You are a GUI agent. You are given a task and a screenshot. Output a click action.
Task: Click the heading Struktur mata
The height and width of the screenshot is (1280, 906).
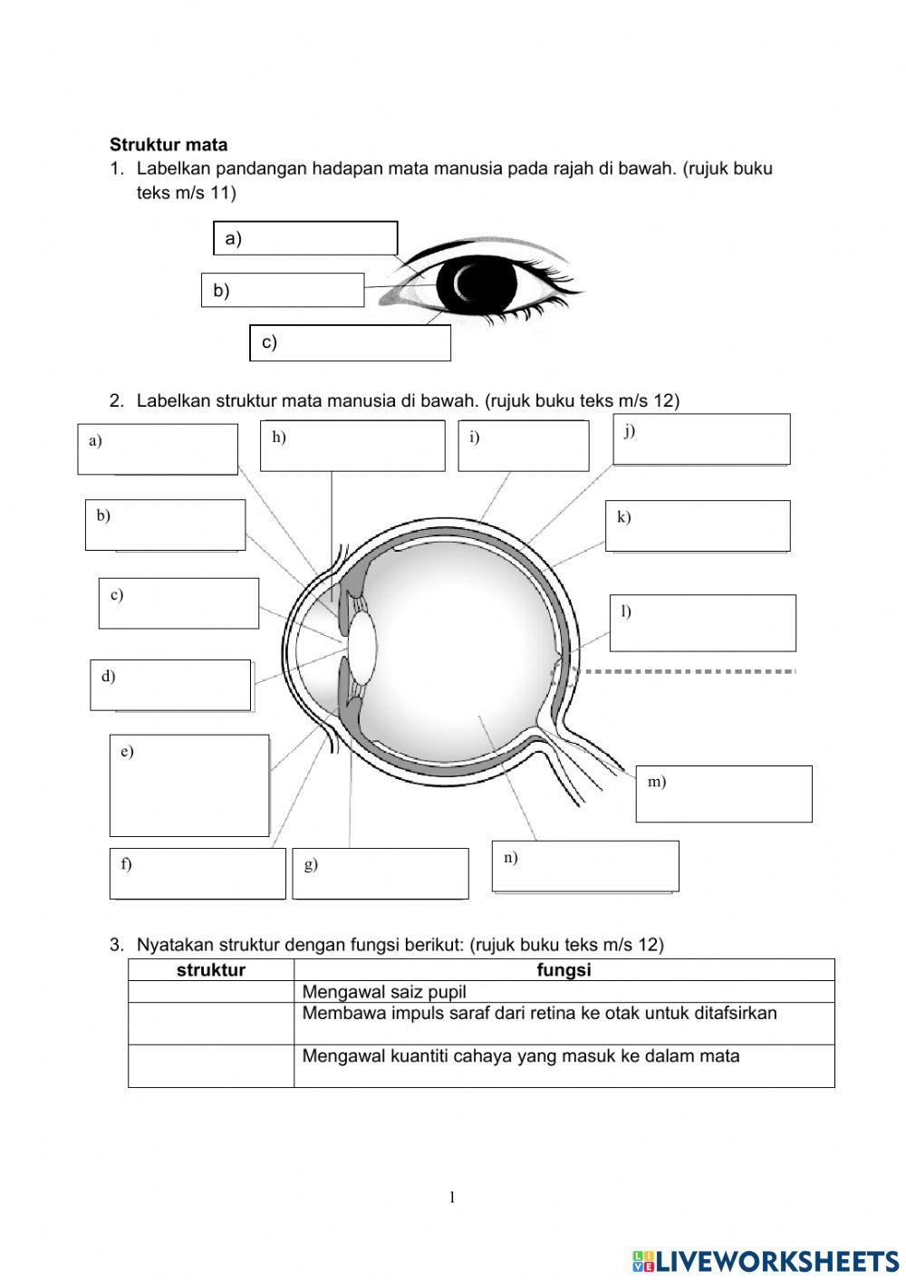click(169, 145)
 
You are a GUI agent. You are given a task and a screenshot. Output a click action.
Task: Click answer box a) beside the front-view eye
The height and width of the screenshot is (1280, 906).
click(305, 238)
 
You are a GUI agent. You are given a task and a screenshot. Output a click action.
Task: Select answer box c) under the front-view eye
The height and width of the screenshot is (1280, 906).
click(350, 342)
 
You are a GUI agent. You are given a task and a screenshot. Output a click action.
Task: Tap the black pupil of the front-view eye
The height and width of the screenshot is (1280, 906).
click(476, 284)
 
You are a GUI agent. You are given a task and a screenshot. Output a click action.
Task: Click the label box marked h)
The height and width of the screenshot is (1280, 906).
click(352, 446)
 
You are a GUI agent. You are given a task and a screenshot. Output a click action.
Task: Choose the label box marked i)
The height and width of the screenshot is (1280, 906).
click(523, 446)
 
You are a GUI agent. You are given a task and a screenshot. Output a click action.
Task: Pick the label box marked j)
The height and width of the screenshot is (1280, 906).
click(701, 439)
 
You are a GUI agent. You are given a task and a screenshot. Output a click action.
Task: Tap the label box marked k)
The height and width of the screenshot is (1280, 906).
click(698, 525)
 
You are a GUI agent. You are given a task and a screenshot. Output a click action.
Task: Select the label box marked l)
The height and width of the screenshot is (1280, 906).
click(702, 622)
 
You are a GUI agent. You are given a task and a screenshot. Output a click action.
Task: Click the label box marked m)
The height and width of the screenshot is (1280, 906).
click(723, 794)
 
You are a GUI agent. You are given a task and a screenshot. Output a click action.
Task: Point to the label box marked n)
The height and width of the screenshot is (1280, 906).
click(585, 866)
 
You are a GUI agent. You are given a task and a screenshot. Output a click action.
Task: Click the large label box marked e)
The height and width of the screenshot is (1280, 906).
click(189, 784)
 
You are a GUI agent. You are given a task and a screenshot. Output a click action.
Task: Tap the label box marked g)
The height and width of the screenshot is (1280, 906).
click(380, 873)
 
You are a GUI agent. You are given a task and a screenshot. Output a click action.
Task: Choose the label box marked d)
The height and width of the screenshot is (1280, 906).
click(170, 685)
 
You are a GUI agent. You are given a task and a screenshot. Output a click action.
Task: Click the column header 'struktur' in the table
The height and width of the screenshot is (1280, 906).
click(210, 970)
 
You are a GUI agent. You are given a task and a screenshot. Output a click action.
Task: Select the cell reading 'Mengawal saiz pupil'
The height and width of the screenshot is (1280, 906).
click(384, 992)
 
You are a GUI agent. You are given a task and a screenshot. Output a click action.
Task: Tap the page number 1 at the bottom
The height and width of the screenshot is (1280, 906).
click(452, 1198)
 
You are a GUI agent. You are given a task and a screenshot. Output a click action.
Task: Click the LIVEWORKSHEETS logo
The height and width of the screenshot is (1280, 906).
click(766, 1261)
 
